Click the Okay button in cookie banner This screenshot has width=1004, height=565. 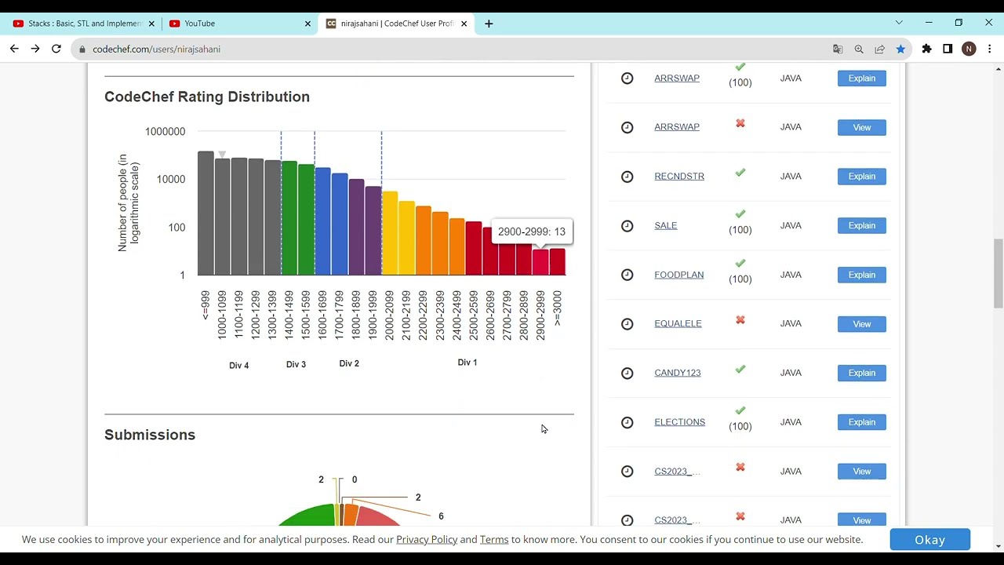pos(929,540)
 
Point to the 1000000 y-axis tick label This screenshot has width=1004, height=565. pos(165,132)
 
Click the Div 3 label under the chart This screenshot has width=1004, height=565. pos(296,364)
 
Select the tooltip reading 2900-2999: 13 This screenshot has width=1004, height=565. pos(531,231)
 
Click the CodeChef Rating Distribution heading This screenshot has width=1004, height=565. pos(207,97)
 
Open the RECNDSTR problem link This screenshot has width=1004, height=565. pos(679,177)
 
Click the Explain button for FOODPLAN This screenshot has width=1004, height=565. pos(861,275)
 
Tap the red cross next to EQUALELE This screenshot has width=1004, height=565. pos(740,320)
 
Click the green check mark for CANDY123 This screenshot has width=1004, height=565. pos(740,370)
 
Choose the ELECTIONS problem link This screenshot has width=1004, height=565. pos(679,422)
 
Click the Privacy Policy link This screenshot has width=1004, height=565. pos(427,540)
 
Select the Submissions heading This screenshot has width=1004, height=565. pos(150,435)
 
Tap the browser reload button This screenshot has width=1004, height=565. pos(56,49)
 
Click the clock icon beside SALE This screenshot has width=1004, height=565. pos(627,226)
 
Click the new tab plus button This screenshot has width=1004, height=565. pos(489,24)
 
